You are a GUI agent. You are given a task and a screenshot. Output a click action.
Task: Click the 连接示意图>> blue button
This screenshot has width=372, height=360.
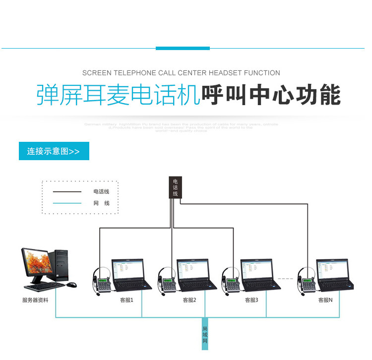[54, 151]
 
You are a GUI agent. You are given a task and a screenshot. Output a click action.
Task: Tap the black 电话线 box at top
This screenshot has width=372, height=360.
[175, 187]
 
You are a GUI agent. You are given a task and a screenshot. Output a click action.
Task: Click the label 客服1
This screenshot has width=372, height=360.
[126, 300]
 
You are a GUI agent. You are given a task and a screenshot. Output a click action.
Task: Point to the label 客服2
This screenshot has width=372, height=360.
[189, 300]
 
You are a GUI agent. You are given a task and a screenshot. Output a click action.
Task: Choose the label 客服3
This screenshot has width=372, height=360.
[251, 300]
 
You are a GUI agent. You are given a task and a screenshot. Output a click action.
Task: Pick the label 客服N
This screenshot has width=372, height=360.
[325, 300]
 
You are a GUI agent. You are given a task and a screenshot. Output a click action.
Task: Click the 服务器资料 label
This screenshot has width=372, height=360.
[35, 300]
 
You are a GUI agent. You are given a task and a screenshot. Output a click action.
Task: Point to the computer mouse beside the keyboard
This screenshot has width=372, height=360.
[72, 285]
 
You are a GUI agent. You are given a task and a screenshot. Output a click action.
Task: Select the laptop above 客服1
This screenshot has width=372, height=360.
[130, 275]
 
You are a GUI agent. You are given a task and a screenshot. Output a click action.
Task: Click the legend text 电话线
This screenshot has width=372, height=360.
[101, 191]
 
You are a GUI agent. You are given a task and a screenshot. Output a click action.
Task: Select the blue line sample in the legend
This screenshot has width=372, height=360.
[67, 203]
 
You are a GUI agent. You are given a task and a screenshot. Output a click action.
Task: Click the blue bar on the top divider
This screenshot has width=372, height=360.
[183, 48]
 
